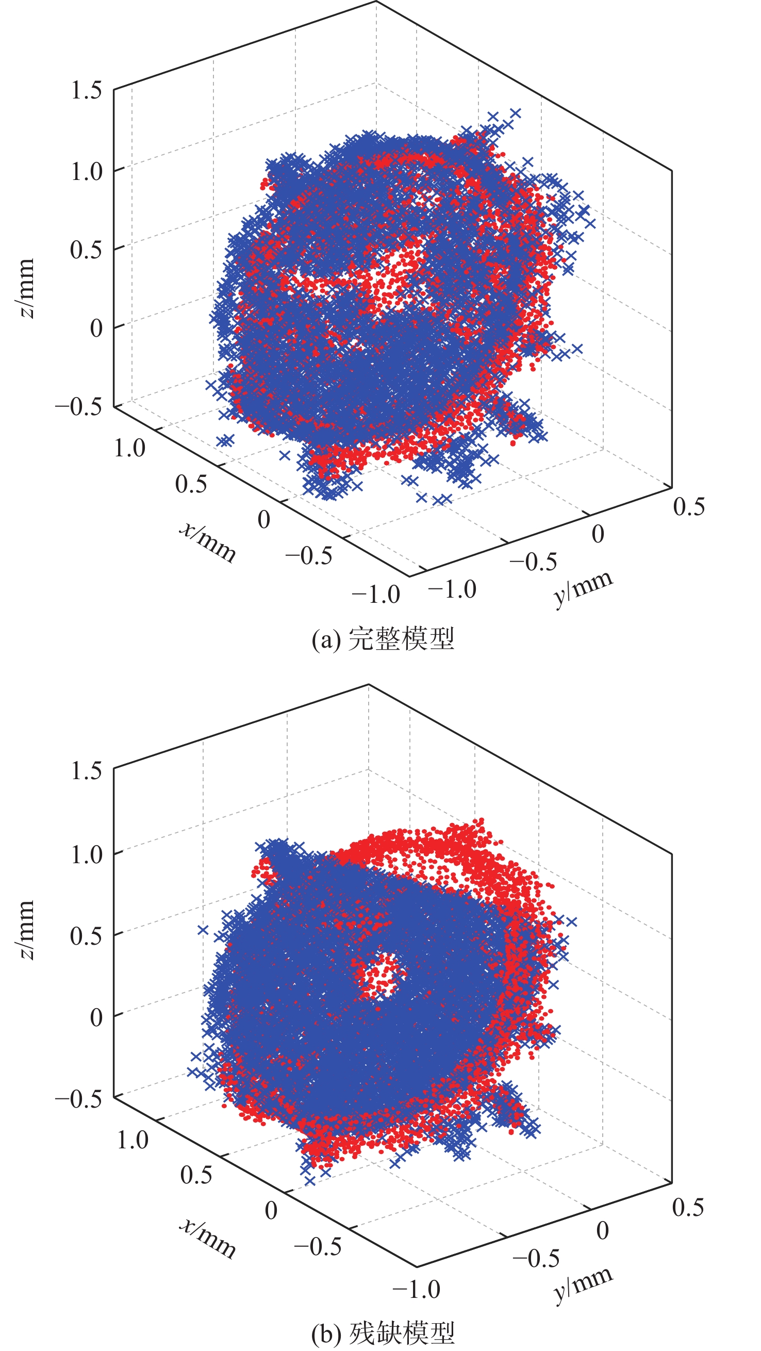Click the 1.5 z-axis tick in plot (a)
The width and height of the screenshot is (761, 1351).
pyautogui.click(x=86, y=90)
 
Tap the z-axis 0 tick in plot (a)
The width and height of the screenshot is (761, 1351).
pyautogui.click(x=96, y=328)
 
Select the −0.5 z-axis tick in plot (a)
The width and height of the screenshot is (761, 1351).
pyautogui.click(x=79, y=406)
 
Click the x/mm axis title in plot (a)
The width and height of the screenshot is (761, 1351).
pyautogui.click(x=208, y=542)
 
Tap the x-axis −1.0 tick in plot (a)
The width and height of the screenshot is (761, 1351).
pyautogui.click(x=375, y=595)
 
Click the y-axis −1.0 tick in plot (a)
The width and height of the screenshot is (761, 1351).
pyautogui.click(x=452, y=589)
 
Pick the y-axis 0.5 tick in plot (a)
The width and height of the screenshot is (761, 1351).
pyautogui.click(x=689, y=506)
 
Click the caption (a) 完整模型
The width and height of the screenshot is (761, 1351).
pyautogui.click(x=383, y=639)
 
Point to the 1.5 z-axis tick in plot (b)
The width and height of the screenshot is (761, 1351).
pyautogui.click(x=86, y=770)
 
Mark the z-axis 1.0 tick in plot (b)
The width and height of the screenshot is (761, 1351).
pyautogui.click(x=86, y=854)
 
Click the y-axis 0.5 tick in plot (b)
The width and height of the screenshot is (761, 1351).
pyautogui.click(x=688, y=1208)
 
